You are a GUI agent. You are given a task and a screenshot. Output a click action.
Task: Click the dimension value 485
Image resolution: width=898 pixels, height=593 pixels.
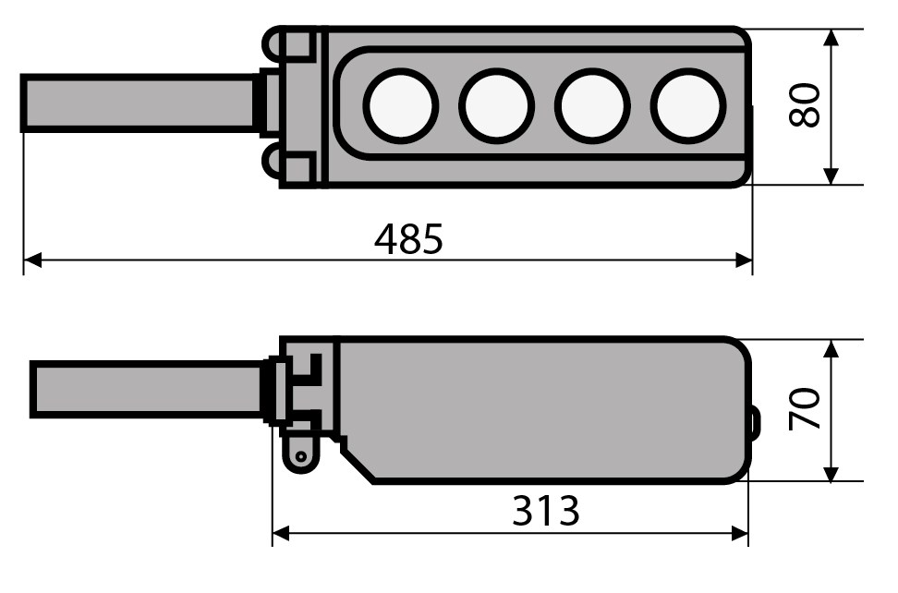(x=408, y=238)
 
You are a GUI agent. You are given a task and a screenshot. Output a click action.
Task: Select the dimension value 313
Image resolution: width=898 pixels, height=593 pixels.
(x=545, y=511)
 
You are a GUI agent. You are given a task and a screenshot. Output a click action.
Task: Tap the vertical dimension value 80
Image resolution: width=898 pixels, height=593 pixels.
(x=805, y=104)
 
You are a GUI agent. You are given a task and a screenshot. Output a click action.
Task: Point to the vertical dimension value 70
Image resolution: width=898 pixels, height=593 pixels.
(x=805, y=408)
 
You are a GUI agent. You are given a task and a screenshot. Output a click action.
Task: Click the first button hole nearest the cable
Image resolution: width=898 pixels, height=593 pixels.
(x=401, y=106)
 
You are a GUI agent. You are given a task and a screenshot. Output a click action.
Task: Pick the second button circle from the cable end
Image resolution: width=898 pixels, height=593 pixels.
(x=496, y=106)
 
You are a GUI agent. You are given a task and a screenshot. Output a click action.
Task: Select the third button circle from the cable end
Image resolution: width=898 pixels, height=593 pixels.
(x=592, y=106)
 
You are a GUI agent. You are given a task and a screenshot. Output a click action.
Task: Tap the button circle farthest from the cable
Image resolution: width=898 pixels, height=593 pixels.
(x=688, y=106)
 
